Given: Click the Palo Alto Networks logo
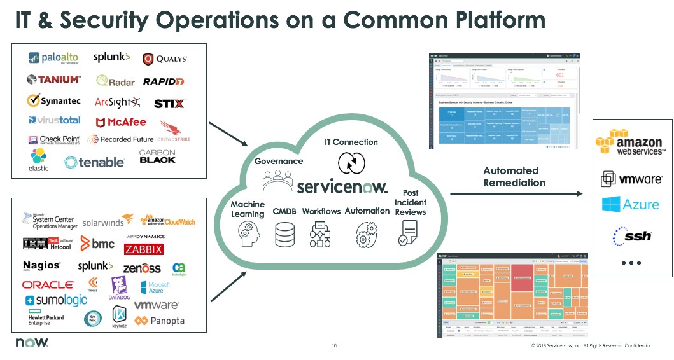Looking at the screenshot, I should click(x=53, y=59).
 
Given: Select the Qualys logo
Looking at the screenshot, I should click(x=165, y=59).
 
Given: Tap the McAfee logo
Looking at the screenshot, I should click(x=121, y=121).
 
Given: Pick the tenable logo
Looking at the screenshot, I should click(x=94, y=162).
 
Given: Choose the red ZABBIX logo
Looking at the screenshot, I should click(x=143, y=249).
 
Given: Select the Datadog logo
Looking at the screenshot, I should click(x=119, y=288).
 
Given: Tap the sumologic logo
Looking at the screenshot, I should click(x=56, y=300).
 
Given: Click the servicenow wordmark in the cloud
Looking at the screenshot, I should click(x=342, y=186).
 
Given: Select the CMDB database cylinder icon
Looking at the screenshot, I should click(x=284, y=234).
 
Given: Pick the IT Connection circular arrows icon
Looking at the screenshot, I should click(x=350, y=163).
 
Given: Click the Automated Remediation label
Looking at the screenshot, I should click(x=514, y=177).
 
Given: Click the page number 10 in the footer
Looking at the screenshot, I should click(x=334, y=345).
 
